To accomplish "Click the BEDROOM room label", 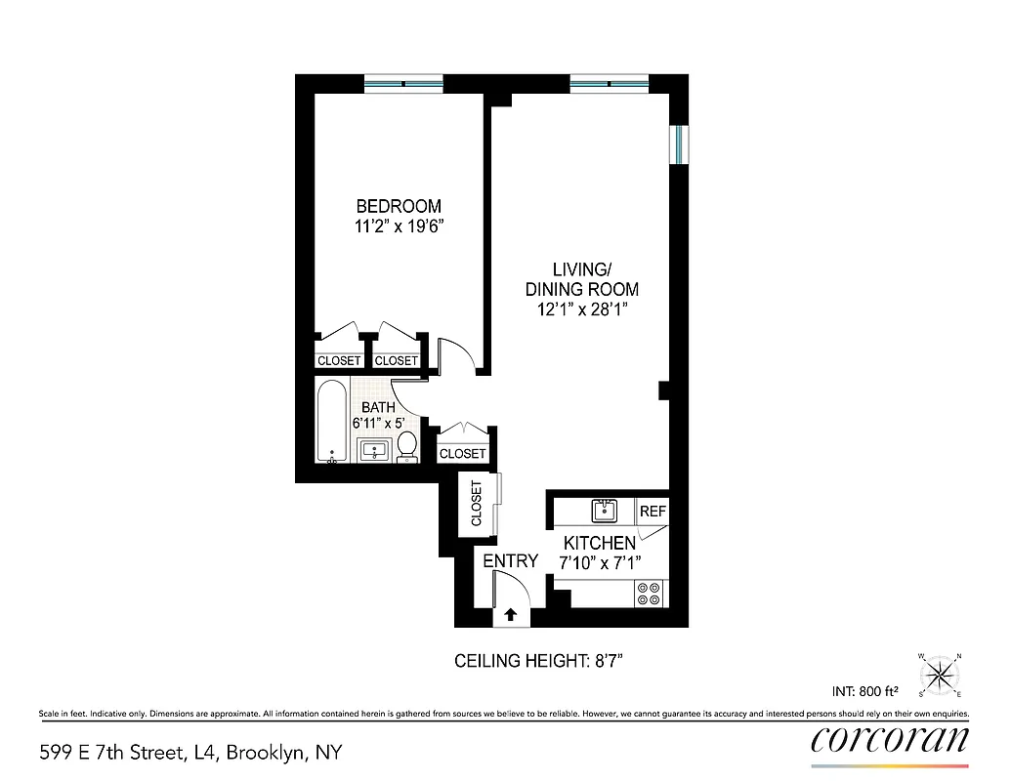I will click(x=399, y=206).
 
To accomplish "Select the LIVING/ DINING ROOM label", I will click(x=581, y=279).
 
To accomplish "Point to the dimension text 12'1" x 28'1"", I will click(x=581, y=309).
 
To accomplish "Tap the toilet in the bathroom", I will click(x=407, y=447).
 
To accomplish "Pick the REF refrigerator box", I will click(x=652, y=511).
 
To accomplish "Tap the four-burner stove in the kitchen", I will click(x=649, y=593).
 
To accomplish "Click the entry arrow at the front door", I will click(x=510, y=615).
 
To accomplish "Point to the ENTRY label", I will click(x=510, y=560).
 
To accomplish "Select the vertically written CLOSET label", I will click(x=477, y=504).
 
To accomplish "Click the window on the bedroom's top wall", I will click(x=402, y=83).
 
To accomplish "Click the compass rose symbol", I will click(x=940, y=673).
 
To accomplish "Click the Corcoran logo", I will click(x=890, y=740).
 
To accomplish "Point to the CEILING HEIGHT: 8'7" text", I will click(x=539, y=661).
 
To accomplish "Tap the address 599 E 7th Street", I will click(x=190, y=753).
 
